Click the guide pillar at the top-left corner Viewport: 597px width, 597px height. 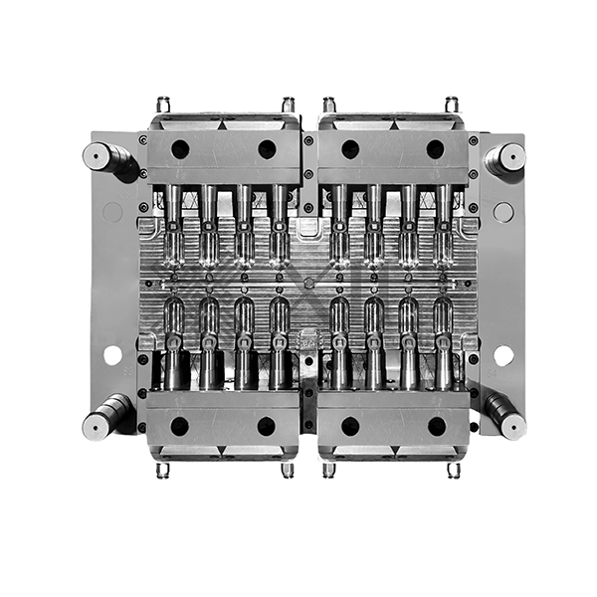coord(99,156)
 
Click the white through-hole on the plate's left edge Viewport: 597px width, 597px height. coord(112,354)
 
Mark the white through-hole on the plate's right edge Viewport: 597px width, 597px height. coord(503,354)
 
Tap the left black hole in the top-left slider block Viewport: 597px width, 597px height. coord(180,149)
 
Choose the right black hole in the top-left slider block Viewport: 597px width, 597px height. coord(267,149)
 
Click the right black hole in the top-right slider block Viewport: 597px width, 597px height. coord(436,149)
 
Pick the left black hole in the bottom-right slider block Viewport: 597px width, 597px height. coord(350,426)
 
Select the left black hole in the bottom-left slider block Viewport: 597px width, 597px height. coord(180,426)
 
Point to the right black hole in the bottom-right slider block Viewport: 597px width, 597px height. coord(436,426)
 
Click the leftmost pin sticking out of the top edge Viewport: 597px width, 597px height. coord(163,103)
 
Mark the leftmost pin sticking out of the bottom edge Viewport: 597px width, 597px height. coord(163,470)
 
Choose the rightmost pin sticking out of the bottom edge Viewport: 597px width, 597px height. coord(452,470)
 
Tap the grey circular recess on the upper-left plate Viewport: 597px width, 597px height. coord(112,212)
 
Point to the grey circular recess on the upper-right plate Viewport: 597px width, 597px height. coord(503,212)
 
